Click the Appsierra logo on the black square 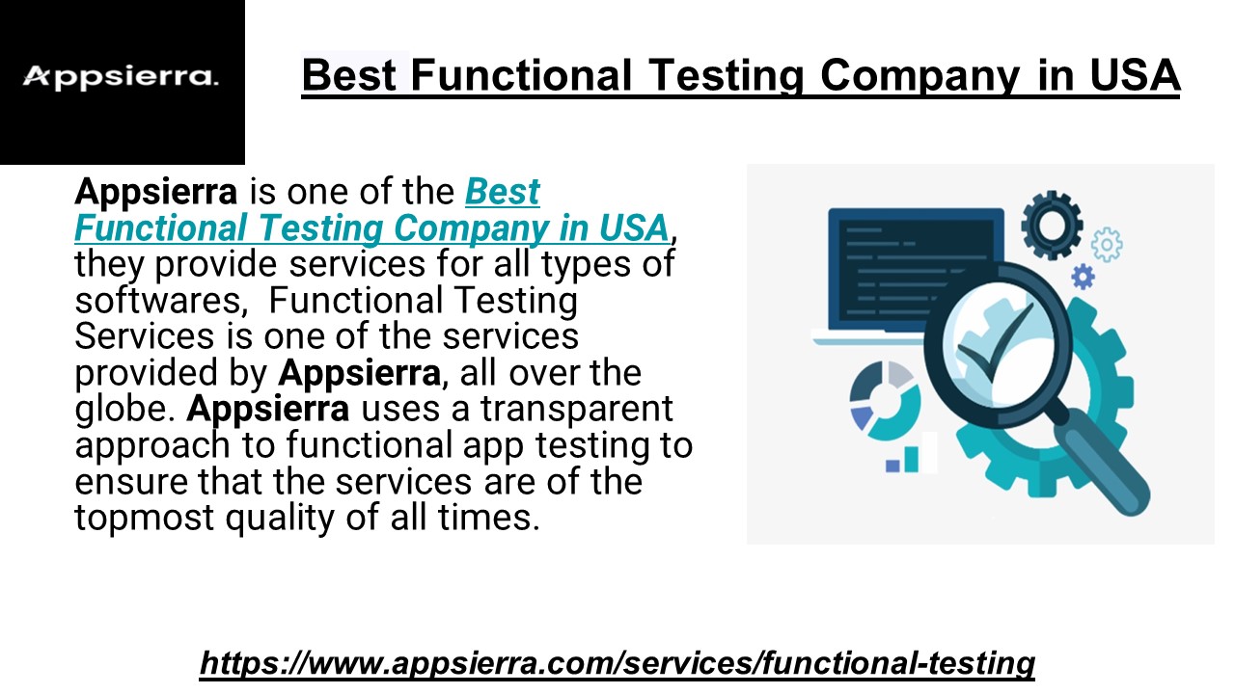(121, 77)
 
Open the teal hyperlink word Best (502, 192)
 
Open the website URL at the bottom (617, 663)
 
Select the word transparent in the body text (577, 410)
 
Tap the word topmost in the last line (144, 519)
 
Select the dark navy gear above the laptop (1051, 221)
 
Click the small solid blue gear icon (1084, 278)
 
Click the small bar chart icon (912, 455)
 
